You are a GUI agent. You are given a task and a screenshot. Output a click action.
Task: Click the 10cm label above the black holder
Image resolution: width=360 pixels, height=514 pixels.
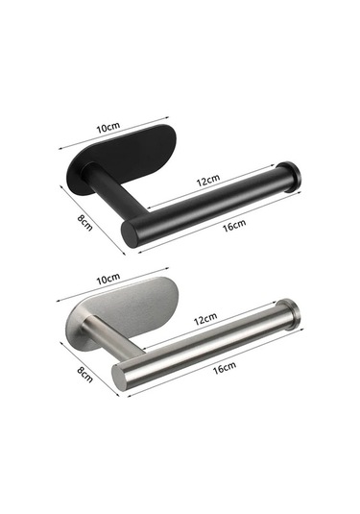pyautogui.click(x=108, y=127)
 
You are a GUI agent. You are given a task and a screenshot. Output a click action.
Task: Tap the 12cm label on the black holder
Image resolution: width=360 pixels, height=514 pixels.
pyautogui.click(x=208, y=180)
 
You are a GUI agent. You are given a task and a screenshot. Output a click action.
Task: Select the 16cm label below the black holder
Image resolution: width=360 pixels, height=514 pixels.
pyautogui.click(x=234, y=225)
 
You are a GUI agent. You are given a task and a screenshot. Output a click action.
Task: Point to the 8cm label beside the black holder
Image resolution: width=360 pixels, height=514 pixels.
pyautogui.click(x=84, y=223)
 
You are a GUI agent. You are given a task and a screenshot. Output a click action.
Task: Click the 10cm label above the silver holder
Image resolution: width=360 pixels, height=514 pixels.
pyautogui.click(x=108, y=279)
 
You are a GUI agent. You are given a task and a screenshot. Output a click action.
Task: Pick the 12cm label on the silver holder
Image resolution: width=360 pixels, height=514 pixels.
pyautogui.click(x=205, y=319)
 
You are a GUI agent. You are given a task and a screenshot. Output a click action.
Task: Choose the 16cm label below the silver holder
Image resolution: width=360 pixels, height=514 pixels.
pyautogui.click(x=225, y=368)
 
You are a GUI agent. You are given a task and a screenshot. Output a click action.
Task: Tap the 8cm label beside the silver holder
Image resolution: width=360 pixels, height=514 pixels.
pyautogui.click(x=84, y=375)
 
